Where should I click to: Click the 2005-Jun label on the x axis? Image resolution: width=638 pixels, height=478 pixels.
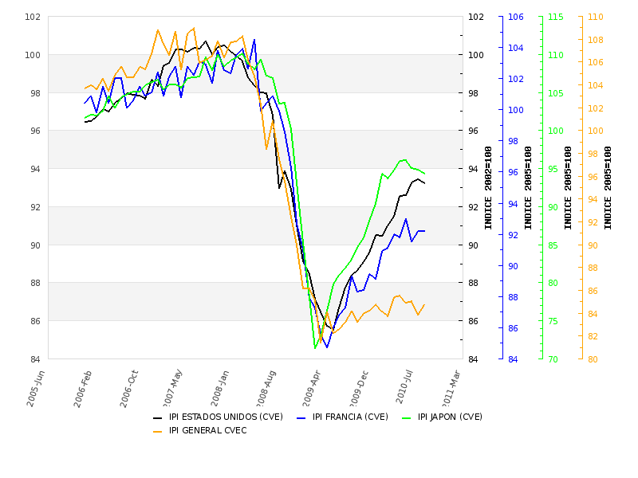click(37, 388)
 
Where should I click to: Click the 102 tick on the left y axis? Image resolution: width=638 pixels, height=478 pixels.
click(33, 17)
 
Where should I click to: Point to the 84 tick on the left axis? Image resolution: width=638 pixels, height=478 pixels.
click(35, 359)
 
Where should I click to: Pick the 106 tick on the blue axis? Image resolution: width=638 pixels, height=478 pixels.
click(515, 17)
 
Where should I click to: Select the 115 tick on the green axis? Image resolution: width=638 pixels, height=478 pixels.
click(555, 17)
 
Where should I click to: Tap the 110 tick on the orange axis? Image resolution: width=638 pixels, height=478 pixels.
click(595, 17)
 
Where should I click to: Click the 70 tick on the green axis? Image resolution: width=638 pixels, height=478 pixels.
click(553, 359)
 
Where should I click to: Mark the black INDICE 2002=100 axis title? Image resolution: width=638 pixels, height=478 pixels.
click(488, 187)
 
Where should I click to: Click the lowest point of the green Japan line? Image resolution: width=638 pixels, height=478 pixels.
click(315, 348)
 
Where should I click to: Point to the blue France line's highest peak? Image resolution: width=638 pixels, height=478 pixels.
click(254, 39)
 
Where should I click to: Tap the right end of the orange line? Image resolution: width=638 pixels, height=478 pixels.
click(424, 304)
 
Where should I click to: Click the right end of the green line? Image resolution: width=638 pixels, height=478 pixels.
click(424, 174)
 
